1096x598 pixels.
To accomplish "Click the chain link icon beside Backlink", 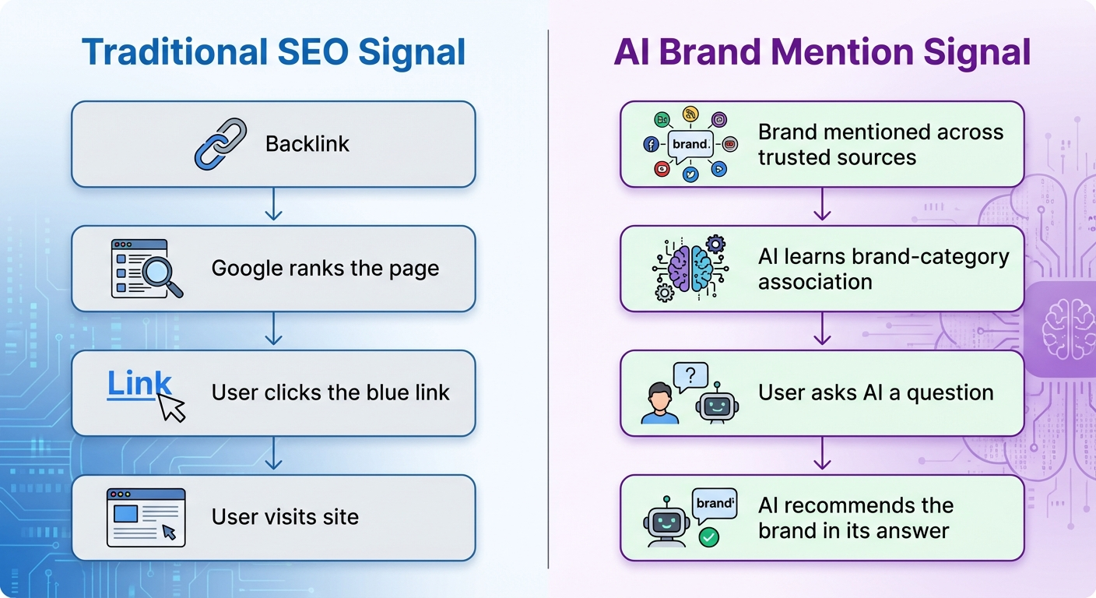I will click(220, 144).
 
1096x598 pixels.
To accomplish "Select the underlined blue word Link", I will click(139, 384).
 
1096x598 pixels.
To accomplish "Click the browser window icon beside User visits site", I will click(146, 517).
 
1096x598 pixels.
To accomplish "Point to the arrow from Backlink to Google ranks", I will click(272, 206).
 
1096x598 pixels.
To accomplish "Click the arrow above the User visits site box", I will click(272, 455).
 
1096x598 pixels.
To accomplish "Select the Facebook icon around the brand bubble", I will click(651, 145).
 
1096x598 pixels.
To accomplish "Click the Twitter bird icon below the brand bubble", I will click(690, 174).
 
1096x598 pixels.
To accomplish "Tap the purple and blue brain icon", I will click(690, 269).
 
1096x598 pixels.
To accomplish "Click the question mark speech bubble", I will click(692, 377).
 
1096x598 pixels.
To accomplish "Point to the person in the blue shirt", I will click(659, 403).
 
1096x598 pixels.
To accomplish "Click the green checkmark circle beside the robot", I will click(708, 536).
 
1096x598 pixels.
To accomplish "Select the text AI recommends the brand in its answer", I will click(855, 518).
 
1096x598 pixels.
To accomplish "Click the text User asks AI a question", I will click(875, 393).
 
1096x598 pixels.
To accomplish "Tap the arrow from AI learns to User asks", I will click(822, 330).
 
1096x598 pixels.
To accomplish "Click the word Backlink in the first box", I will click(307, 144).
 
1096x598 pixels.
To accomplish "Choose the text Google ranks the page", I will click(325, 269).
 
